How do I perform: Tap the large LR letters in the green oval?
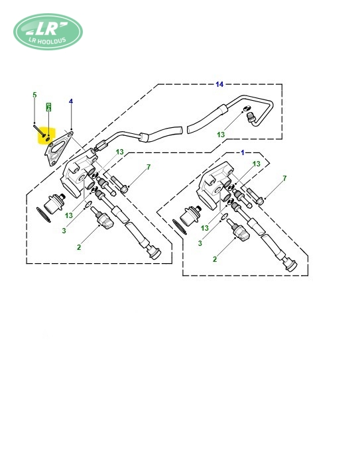tap(47, 28)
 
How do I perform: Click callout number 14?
tap(219, 84)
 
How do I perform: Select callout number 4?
tap(71, 101)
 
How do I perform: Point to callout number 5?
tap(34, 95)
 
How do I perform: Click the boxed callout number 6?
tap(48, 107)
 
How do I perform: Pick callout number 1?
tap(243, 152)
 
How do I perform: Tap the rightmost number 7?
tap(284, 178)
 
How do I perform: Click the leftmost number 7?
tap(149, 167)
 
